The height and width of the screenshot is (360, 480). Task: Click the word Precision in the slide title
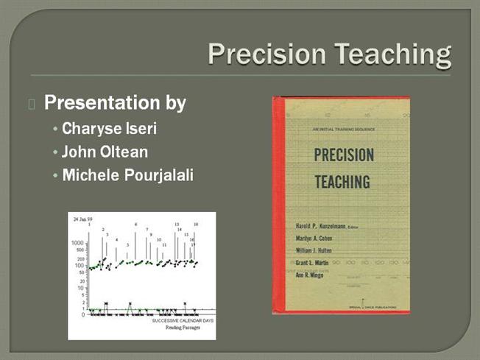click(x=267, y=54)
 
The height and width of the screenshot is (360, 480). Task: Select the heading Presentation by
click(x=115, y=102)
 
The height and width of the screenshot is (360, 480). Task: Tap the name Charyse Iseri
click(x=110, y=129)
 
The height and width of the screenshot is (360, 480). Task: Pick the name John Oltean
click(x=105, y=152)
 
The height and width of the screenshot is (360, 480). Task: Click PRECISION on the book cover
click(x=344, y=155)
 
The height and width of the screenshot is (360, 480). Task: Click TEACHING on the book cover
click(x=342, y=181)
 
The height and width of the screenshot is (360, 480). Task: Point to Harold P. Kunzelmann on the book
click(x=321, y=226)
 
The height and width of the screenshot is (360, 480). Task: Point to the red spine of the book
click(x=277, y=206)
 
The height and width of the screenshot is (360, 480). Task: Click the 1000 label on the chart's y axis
click(x=77, y=242)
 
